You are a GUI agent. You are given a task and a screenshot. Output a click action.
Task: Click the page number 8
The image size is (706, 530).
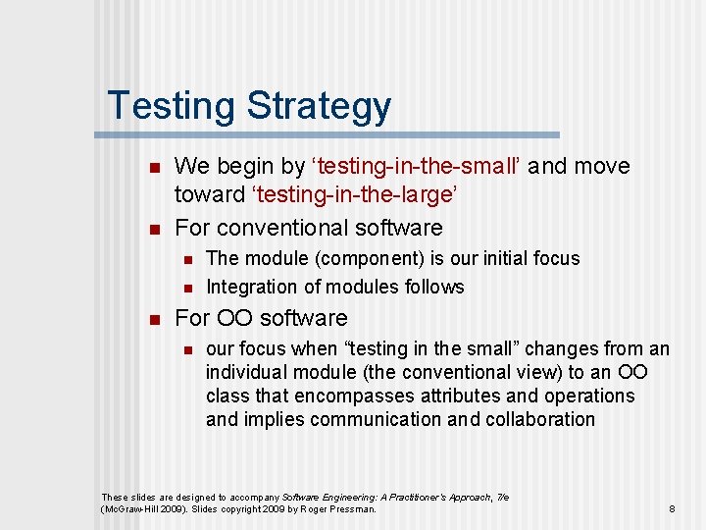(x=672, y=509)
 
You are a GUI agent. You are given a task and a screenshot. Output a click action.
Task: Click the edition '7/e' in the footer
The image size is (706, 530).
(x=502, y=498)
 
